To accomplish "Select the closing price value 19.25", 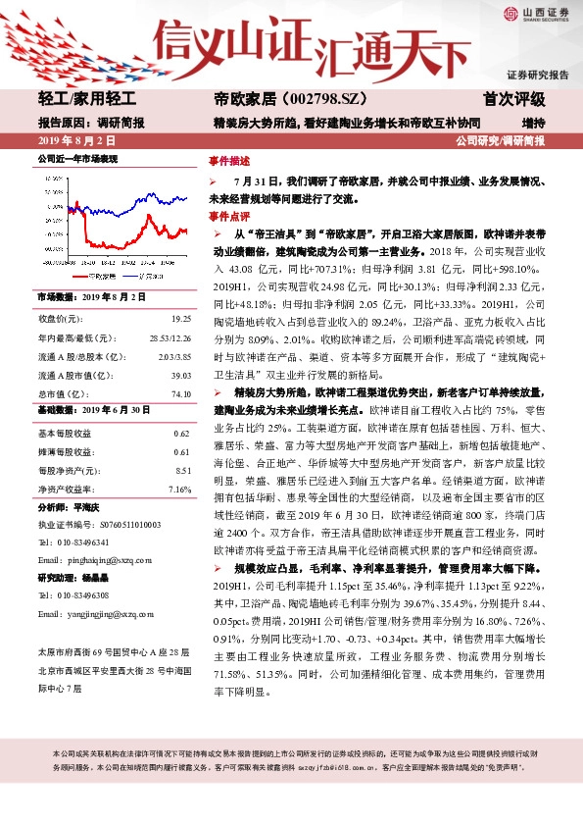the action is point(180,319).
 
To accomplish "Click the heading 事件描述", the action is point(229,161).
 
